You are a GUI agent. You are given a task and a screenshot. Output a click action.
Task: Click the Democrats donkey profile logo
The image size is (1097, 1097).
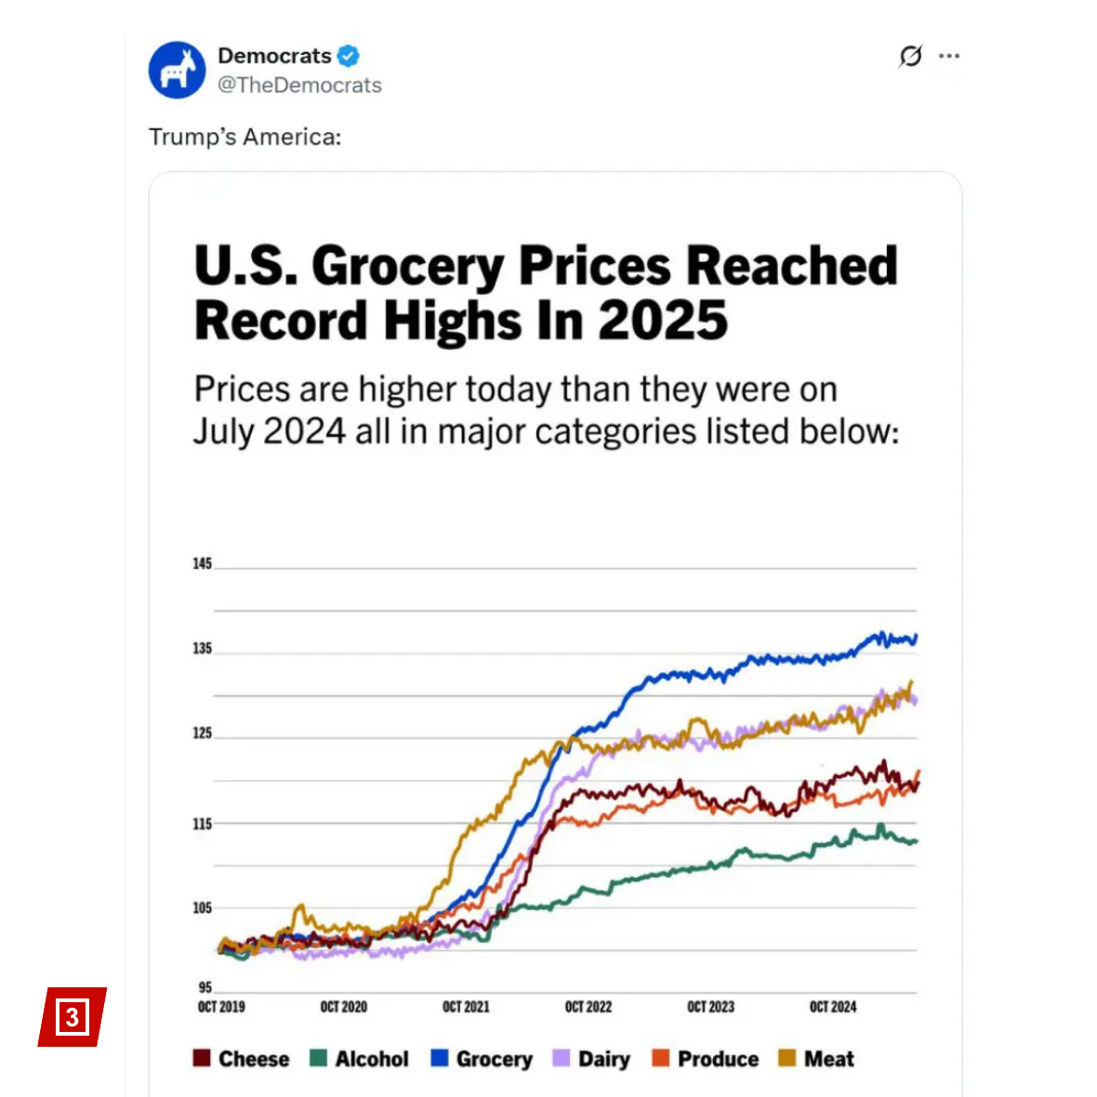177,70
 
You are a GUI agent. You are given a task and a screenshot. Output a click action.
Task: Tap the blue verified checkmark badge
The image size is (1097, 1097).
348,56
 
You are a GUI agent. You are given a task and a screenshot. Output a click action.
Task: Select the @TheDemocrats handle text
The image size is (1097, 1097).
299,86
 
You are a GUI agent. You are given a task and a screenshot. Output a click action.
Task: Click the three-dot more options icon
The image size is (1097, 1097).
949,56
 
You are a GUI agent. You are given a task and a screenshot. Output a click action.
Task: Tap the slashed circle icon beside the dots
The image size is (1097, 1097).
911,56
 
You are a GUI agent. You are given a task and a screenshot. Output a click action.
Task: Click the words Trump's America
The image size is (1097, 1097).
245,138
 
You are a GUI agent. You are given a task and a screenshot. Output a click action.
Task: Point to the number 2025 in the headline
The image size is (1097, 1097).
663,322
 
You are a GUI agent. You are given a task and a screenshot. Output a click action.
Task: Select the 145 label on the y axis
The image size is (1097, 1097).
202,563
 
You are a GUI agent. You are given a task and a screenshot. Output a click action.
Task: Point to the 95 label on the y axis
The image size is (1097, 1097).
205,987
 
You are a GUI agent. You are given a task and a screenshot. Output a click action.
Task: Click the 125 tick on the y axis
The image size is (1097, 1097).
202,734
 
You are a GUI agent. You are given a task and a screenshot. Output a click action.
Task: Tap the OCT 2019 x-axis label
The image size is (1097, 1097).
221,1007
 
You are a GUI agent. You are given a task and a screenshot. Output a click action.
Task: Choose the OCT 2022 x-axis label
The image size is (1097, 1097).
588,1007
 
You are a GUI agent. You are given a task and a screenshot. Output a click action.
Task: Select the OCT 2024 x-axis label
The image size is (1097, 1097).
833,1007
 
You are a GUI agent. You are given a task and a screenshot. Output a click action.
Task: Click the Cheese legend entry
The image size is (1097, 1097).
242,1059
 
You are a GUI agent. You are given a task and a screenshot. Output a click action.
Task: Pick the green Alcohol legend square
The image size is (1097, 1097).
318,1059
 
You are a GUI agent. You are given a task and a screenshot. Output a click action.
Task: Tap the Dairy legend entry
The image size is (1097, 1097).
592,1059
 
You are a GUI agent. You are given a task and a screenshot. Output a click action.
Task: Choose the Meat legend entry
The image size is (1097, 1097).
817,1059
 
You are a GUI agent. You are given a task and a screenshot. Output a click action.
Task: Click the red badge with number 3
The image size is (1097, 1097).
73,1016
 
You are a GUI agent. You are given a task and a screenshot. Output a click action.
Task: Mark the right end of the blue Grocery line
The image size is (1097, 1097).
917,637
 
